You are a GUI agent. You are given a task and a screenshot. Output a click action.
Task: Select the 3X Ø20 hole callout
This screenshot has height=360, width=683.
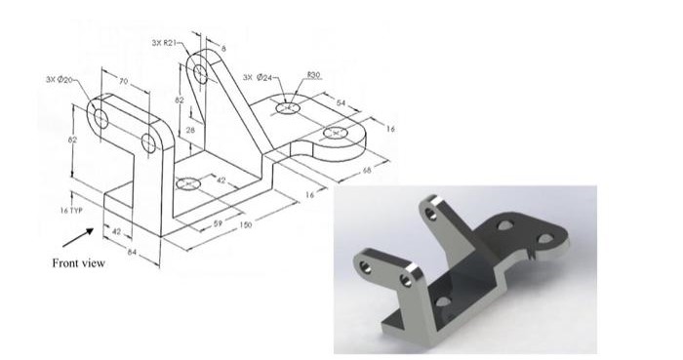(59, 78)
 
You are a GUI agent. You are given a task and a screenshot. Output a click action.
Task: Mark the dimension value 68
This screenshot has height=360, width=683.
(368, 170)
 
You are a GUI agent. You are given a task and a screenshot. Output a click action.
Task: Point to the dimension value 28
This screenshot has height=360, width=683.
(191, 129)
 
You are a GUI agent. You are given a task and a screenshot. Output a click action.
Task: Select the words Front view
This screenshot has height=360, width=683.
(78, 261)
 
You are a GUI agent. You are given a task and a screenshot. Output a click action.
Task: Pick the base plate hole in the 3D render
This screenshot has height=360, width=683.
(443, 300)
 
